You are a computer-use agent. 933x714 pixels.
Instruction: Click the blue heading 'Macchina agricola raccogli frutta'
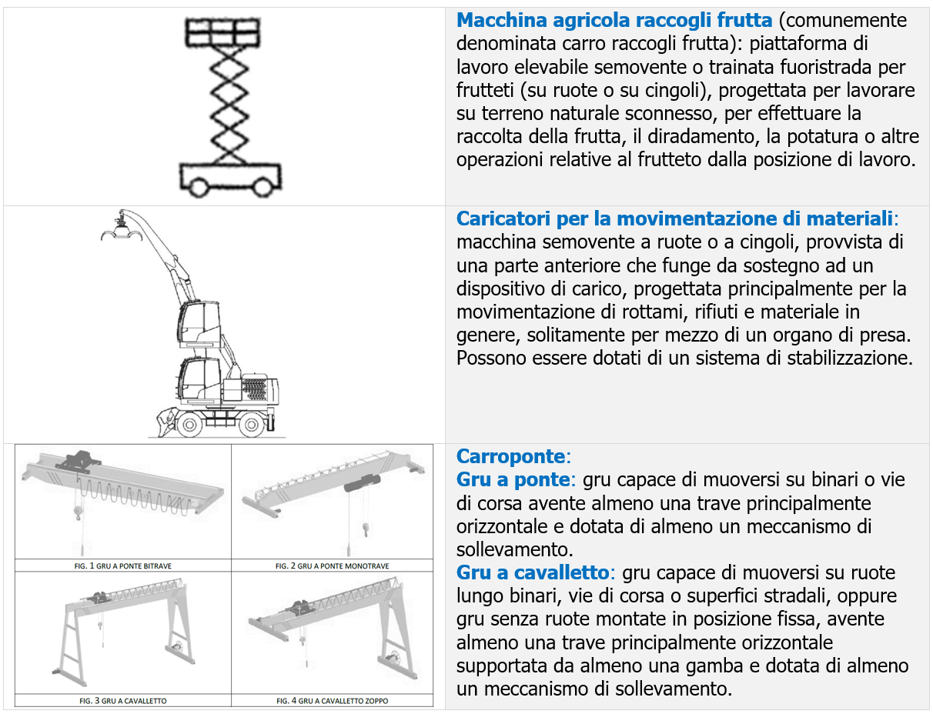[614, 21]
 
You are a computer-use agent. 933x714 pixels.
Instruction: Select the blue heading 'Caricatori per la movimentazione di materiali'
[675, 218]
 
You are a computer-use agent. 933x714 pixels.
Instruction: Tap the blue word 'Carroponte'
[510, 455]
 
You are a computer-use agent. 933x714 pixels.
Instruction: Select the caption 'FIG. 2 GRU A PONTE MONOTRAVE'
[333, 566]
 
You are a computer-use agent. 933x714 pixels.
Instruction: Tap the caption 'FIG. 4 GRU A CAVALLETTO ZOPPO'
[333, 701]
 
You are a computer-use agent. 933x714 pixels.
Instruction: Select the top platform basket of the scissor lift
[221, 32]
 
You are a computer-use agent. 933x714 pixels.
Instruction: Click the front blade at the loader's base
[162, 422]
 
